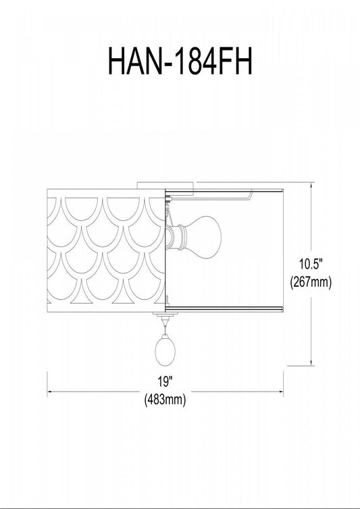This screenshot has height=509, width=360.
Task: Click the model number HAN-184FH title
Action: click(x=180, y=61)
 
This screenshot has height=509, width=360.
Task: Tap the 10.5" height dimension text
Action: click(x=311, y=264)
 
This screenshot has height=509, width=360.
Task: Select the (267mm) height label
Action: click(x=311, y=282)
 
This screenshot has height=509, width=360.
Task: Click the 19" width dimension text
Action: click(x=165, y=382)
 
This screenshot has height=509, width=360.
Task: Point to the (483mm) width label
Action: click(x=165, y=399)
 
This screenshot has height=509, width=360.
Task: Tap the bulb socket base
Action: click(x=176, y=238)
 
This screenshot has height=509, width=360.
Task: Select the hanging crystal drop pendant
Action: click(x=165, y=350)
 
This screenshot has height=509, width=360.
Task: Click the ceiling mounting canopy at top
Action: click(x=165, y=186)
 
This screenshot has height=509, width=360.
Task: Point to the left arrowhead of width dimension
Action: click(x=49, y=392)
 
